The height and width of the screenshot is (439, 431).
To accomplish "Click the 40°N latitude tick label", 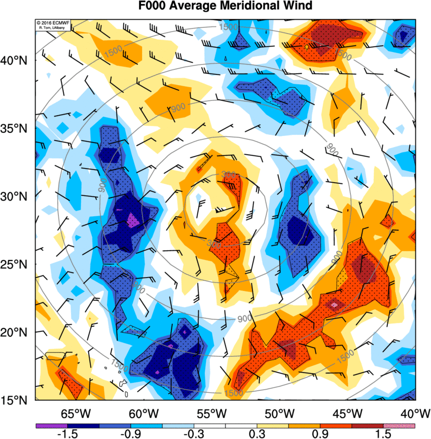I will coord(17,60).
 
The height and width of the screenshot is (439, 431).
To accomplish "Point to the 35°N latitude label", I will coord(17,128).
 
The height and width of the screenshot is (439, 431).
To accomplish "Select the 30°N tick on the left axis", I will coord(17,196).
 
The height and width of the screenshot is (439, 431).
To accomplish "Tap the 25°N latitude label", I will coord(17,264).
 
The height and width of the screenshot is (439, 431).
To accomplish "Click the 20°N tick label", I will coord(17,332).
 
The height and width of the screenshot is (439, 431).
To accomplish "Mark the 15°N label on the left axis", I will coord(17,400).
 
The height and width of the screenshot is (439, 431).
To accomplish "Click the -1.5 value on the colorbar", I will coord(67,434).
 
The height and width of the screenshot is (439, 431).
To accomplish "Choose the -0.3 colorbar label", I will coord(194,434).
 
